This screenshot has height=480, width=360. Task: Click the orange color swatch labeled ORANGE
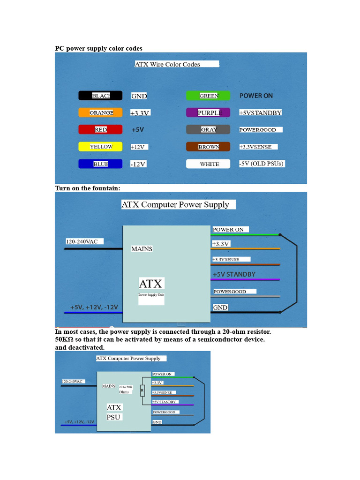pos(100,113)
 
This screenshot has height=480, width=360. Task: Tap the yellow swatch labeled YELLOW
pos(100,147)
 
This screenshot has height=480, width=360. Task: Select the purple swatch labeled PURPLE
pos(208,113)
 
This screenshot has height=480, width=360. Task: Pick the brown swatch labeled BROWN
pos(208,147)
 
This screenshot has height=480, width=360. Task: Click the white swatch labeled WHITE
pos(209,164)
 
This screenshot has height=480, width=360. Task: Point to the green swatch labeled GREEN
pos(208,96)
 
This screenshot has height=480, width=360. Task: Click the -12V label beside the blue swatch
pos(138,164)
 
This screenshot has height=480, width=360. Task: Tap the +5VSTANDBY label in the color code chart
pos(260,113)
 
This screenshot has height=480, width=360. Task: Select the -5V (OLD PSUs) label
pos(262,164)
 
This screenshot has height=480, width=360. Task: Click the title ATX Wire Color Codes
pos(167,64)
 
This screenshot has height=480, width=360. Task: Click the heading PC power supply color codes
pos(99,48)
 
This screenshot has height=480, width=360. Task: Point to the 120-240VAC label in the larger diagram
pos(82,241)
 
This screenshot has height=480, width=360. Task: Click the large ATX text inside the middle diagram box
pos(150,284)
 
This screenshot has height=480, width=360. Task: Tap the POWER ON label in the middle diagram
pos(229,230)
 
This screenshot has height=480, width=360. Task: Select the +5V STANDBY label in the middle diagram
pos(234,274)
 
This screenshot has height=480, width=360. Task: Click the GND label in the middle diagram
pos(220,307)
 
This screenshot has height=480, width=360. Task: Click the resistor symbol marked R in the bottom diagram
pos(142,390)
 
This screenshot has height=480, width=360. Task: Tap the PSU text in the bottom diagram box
pos(113,417)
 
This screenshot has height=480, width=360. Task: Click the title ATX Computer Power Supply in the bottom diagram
pos(128,358)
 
